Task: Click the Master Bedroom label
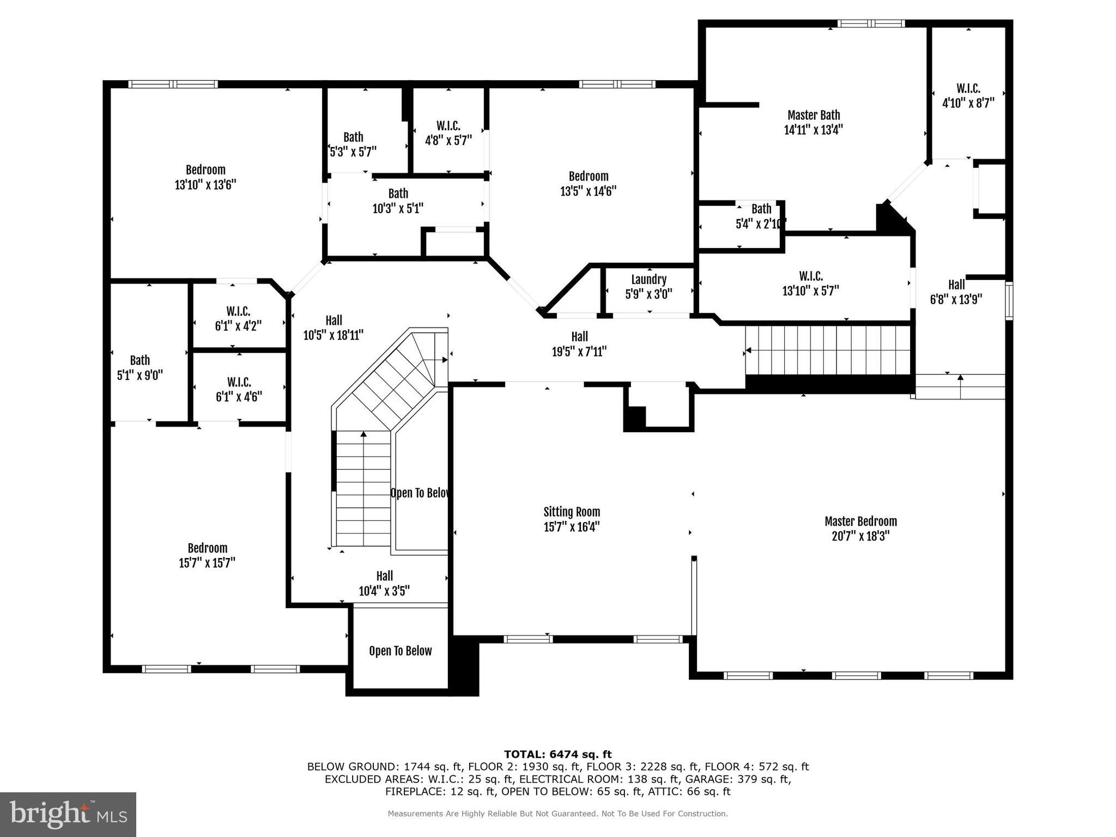pos(860,521)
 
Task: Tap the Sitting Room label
pos(571,512)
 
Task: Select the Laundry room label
pos(648,280)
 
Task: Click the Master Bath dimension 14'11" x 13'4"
pos(813,130)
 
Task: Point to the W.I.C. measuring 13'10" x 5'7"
pos(810,283)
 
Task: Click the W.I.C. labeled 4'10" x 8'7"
pos(968,95)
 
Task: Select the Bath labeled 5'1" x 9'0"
pos(139,367)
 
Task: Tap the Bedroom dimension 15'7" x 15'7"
pos(207,563)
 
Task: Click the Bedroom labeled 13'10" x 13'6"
pos(205,177)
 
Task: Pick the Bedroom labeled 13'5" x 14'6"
pos(588,184)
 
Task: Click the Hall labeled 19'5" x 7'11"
pos(579,344)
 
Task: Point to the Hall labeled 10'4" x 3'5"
pos(384,583)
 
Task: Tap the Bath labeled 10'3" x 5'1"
pos(398,201)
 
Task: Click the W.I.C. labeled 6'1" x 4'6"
pos(238,389)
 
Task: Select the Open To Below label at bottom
pos(400,651)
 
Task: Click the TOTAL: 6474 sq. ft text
pos(557,754)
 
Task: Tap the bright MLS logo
pos(68,814)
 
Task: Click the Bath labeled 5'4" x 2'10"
pos(761,216)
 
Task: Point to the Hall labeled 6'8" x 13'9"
pos(956,292)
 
